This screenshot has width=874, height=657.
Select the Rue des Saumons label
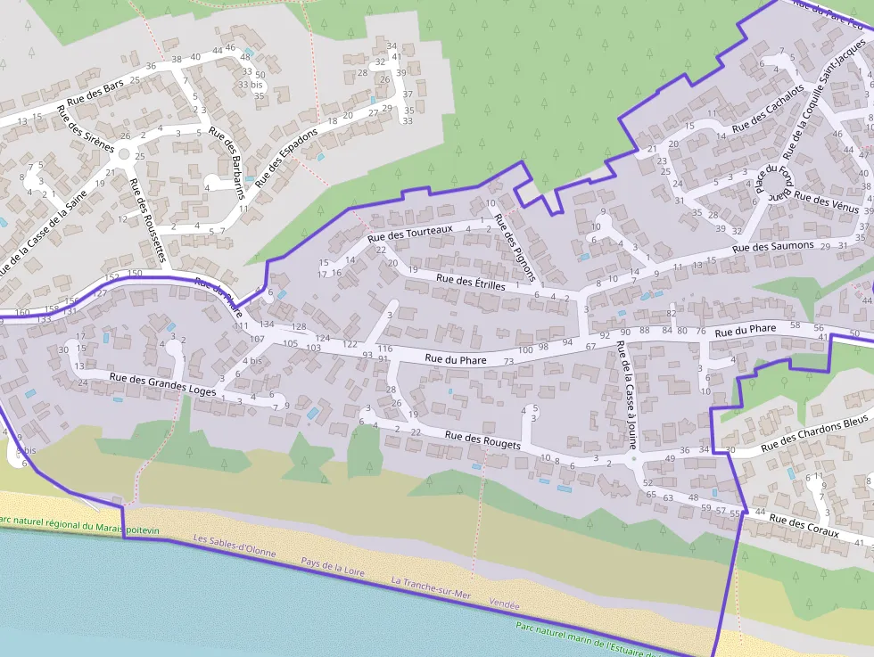tap(773, 246)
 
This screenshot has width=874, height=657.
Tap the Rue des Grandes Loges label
tap(162, 384)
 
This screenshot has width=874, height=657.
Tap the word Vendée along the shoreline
tap(504, 604)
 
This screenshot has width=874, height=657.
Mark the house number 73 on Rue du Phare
tap(508, 361)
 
